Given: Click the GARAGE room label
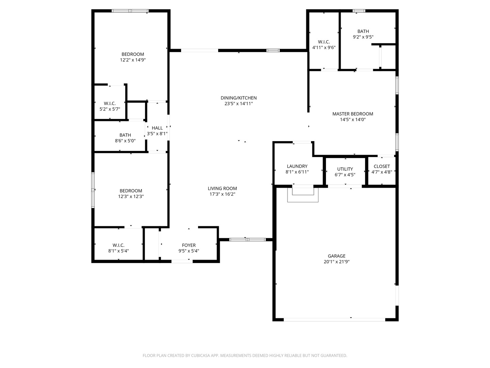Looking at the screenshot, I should point(337,256).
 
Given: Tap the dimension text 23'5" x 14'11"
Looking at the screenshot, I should point(239,104).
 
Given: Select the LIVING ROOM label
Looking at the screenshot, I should point(222,188).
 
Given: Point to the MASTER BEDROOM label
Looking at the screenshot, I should point(353,114).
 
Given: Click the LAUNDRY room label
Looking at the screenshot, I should point(297,166).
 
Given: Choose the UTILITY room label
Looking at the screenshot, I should point(345,169).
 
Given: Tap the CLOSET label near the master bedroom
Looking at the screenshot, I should point(381,166).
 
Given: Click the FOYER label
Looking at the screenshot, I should point(189,245).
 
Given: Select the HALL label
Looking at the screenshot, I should point(157,128).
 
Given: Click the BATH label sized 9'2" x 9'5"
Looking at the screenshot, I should point(363,31).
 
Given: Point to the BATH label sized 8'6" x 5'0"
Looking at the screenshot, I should point(125,135).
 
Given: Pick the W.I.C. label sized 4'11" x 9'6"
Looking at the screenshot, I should point(324,42).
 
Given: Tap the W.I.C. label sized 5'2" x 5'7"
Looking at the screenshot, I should point(110,103).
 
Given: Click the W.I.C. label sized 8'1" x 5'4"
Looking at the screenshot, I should point(118,245).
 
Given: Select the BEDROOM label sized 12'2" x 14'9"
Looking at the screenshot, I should point(133,54).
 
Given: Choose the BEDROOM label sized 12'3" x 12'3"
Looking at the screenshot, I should point(131,191).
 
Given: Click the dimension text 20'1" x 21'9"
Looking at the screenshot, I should point(337,262).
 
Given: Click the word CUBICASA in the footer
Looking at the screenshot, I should point(197,355).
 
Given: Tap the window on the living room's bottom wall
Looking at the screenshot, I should point(247,240).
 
